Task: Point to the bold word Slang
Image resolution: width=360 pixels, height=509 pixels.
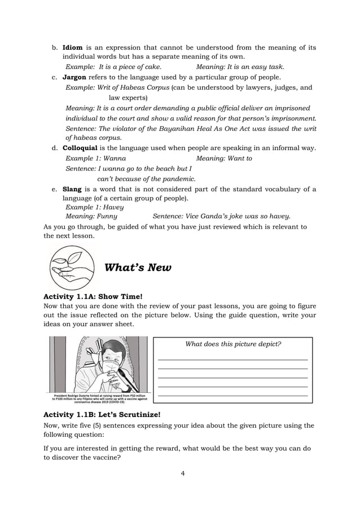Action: point(72,188)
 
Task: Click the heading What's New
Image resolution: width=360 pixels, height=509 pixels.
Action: point(138,267)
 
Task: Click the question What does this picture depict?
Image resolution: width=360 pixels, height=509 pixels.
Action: point(233,344)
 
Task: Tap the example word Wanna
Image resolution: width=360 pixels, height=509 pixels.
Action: point(115,159)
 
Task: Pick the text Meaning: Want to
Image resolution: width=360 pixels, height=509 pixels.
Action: point(223,159)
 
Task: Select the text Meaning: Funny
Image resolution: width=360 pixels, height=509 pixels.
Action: point(91,216)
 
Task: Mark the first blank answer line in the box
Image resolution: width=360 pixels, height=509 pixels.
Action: point(233,359)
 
